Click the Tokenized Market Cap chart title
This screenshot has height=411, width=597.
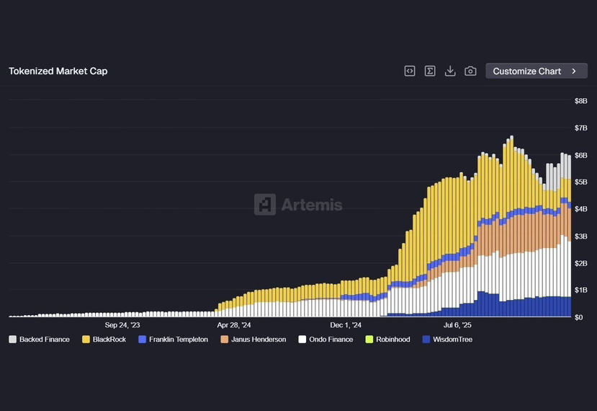pyautogui.click(x=58, y=71)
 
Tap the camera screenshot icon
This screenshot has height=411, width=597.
pyautogui.click(x=470, y=71)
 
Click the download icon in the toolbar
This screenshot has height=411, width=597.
pyautogui.click(x=450, y=71)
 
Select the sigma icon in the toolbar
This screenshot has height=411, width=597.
pyautogui.click(x=430, y=71)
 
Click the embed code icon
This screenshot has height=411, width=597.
pyautogui.click(x=410, y=71)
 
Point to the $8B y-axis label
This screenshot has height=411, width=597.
pyautogui.click(x=580, y=101)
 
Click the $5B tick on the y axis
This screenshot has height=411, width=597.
pyautogui.click(x=580, y=182)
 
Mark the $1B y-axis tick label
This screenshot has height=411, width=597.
pyautogui.click(x=580, y=290)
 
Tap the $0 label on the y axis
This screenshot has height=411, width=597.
pyautogui.click(x=578, y=317)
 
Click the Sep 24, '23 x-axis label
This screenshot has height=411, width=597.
pyautogui.click(x=122, y=325)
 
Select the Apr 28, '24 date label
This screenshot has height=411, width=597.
pyautogui.click(x=234, y=325)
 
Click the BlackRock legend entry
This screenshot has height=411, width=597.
pyautogui.click(x=104, y=340)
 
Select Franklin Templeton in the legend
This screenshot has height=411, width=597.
pyautogui.click(x=173, y=340)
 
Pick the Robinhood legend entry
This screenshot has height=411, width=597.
pyautogui.click(x=388, y=340)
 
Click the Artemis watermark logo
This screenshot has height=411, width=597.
pyautogui.click(x=298, y=205)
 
